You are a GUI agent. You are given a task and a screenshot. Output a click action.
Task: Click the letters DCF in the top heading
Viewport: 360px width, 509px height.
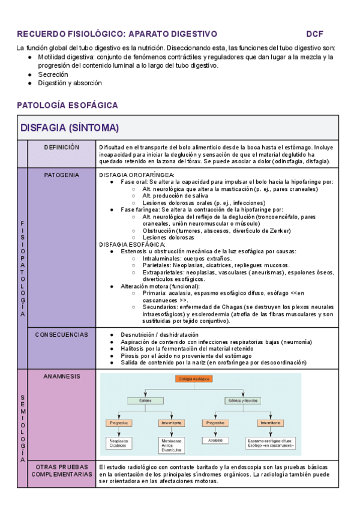(314, 34)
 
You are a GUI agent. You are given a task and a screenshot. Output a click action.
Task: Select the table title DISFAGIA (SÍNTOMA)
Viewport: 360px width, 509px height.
(70, 128)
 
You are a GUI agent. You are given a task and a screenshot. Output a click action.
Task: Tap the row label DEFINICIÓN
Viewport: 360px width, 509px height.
(62, 146)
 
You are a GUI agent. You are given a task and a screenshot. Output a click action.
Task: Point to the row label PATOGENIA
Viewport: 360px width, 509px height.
(62, 175)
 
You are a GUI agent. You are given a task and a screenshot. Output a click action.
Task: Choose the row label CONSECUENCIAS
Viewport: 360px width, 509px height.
(62, 334)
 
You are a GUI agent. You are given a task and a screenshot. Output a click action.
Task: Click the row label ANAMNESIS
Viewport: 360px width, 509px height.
(62, 376)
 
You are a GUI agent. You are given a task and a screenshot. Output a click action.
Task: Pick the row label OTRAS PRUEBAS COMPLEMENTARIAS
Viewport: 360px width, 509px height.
(62, 470)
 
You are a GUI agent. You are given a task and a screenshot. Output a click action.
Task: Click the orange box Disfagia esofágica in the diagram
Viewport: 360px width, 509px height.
(194, 379)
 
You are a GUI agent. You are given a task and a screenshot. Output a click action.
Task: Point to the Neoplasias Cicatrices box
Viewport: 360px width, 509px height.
(118, 443)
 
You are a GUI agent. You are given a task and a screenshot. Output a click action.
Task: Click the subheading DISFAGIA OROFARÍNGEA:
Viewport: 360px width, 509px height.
(132, 175)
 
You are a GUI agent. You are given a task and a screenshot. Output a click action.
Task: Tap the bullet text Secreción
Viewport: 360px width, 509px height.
(53, 74)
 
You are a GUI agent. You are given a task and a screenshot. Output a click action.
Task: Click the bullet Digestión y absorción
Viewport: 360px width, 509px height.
(70, 83)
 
